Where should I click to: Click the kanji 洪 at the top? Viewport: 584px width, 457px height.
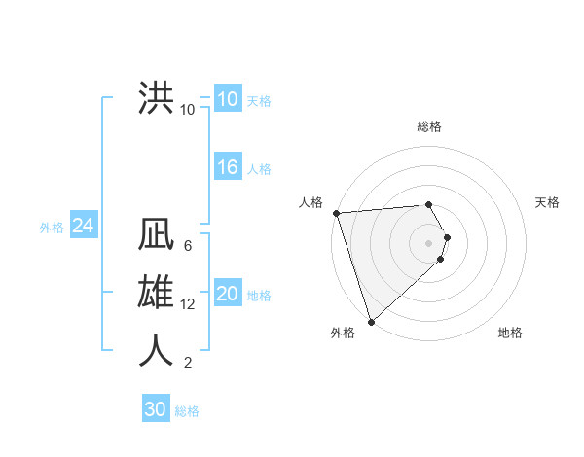tap(156, 98)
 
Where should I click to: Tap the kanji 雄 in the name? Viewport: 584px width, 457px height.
tap(156, 293)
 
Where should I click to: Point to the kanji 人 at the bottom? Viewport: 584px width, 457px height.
tap(156, 349)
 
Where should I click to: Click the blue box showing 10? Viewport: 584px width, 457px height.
tap(227, 99)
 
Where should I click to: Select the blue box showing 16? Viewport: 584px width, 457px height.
tap(227, 167)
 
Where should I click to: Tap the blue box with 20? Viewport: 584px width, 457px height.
tap(227, 294)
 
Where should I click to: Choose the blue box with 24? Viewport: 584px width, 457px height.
tap(83, 226)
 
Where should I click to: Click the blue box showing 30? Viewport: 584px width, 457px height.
tap(155, 409)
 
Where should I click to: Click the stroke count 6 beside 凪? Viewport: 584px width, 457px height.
tap(187, 247)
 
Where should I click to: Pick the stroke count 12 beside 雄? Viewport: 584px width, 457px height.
tap(188, 304)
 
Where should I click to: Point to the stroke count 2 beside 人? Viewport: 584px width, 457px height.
tap(187, 363)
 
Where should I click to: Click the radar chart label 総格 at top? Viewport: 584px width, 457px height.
tap(429, 126)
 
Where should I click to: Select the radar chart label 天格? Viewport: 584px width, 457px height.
tap(547, 202)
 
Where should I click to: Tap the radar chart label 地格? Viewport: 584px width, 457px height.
tap(510, 333)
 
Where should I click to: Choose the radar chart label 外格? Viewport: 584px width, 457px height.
tap(343, 333)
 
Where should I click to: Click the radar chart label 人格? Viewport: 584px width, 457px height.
tap(310, 202)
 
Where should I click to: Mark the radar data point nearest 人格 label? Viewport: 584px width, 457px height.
tap(336, 213)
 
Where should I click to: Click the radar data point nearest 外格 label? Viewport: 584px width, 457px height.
tap(371, 321)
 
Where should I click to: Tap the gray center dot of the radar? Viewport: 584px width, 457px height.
tap(429, 243)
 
